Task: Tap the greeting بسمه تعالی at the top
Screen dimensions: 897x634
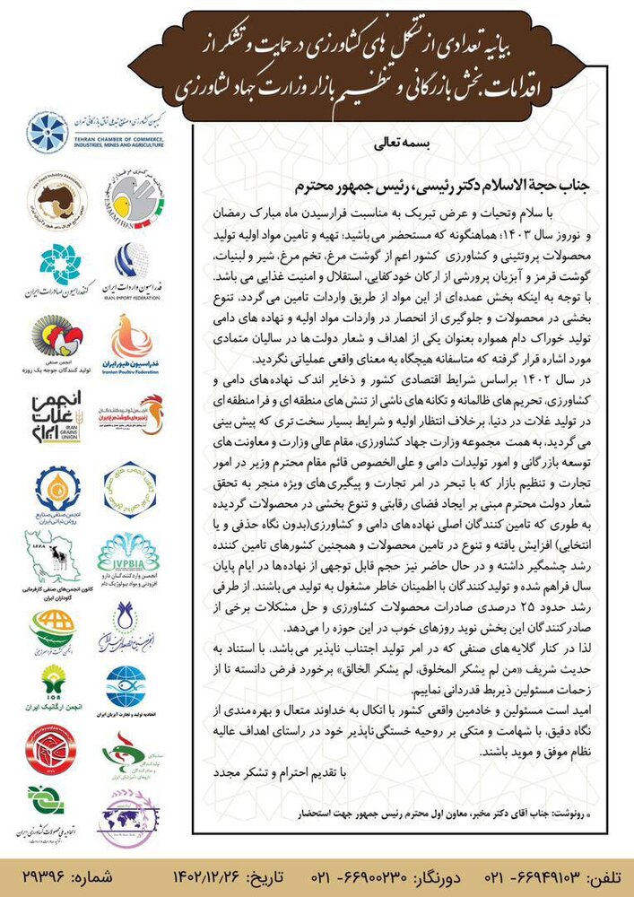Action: [x=393, y=142]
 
